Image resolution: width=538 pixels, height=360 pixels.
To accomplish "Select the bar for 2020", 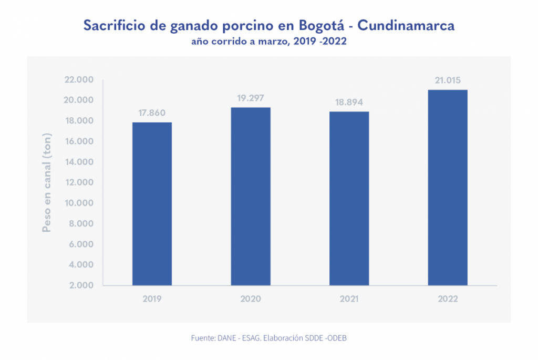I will (x=251, y=197).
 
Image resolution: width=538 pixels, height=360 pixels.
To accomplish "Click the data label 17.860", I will (x=152, y=113).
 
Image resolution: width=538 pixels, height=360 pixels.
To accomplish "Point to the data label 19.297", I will (x=251, y=98).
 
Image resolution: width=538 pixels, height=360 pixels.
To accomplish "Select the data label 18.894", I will (x=349, y=102).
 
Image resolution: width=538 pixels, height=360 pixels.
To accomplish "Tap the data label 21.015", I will (x=448, y=80).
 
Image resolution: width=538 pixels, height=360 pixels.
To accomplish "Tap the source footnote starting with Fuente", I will (x=268, y=338).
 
